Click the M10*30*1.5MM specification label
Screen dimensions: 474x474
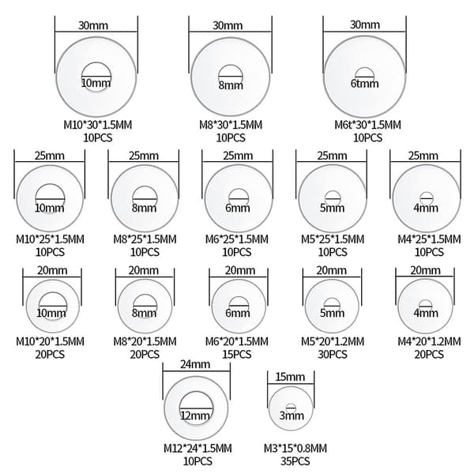[x=98, y=125]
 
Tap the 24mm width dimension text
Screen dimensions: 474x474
[x=195, y=364]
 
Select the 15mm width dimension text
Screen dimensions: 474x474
[x=290, y=377]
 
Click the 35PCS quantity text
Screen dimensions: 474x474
[x=295, y=461]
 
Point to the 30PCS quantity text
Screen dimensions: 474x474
[x=333, y=354]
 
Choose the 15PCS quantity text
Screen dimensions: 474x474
[x=237, y=354]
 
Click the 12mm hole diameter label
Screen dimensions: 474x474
[x=195, y=416]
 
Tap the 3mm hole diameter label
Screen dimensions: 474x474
[x=292, y=416]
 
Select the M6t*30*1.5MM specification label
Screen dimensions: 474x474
[x=367, y=125]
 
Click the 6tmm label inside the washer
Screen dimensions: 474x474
[x=364, y=83]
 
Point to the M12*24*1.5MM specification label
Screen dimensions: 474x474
[x=197, y=448]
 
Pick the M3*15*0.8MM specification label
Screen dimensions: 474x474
[x=295, y=448]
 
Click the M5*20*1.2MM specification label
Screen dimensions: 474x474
[x=333, y=341]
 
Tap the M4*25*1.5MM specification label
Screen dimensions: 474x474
[x=429, y=239]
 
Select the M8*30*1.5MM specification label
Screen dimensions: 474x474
[x=231, y=125]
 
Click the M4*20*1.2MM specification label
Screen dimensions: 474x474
[x=429, y=341]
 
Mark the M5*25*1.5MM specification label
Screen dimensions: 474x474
[x=333, y=239]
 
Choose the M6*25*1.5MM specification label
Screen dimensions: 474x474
[x=237, y=239]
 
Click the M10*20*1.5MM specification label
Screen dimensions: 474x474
[x=51, y=341]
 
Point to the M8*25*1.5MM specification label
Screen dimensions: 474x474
[x=145, y=239]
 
